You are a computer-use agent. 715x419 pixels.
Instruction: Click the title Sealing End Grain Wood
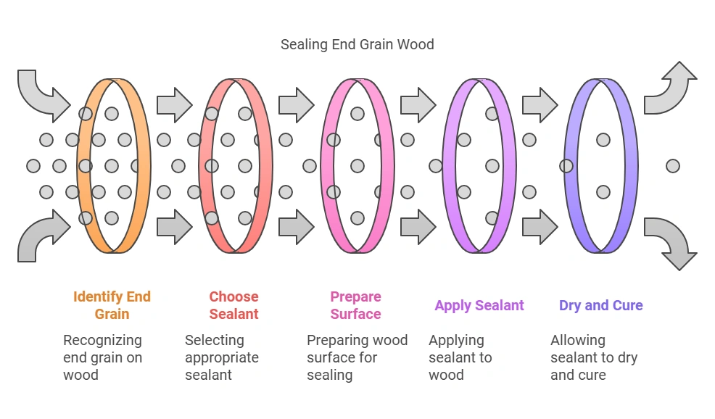[357, 44]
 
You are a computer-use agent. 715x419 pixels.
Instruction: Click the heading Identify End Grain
[112, 305]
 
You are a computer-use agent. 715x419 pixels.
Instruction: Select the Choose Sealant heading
[233, 305]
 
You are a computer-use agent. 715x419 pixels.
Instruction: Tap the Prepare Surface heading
[355, 305]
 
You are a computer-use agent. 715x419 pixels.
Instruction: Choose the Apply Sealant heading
[479, 305]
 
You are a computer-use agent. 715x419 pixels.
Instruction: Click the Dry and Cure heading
[600, 305]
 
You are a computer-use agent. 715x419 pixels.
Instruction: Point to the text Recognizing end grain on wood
[102, 357]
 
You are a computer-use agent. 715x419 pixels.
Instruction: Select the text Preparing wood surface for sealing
[357, 357]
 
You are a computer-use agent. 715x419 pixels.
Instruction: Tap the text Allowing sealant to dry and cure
[593, 357]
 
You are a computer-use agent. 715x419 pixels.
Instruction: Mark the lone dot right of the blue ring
[672, 166]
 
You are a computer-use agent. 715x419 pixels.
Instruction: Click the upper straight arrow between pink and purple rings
[417, 105]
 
